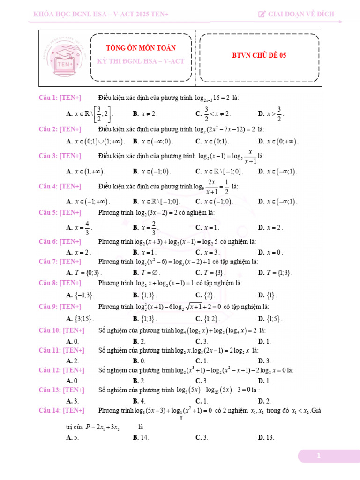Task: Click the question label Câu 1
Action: click(48, 97)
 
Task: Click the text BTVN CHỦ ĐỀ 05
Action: click(259, 55)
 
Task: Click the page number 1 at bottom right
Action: click(319, 456)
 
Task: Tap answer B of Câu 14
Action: click(141, 437)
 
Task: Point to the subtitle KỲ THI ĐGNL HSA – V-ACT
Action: click(141, 61)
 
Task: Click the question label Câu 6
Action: click(48, 242)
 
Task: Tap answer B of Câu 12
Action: click(139, 381)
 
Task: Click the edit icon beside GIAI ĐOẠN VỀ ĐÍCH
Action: click(262, 14)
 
